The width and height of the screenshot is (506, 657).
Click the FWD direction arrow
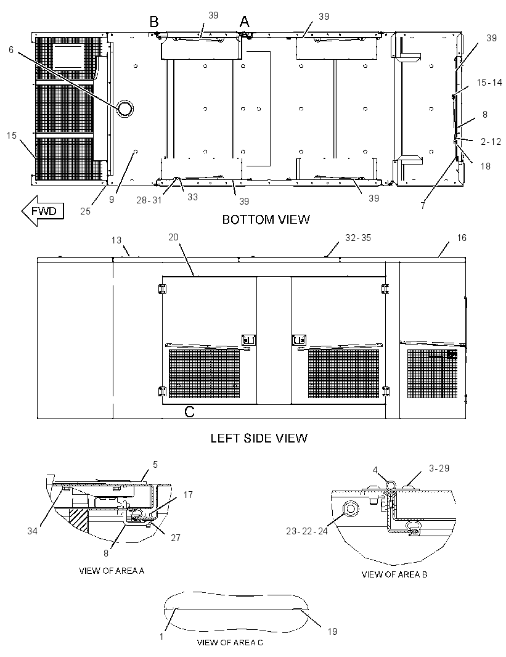[43, 210]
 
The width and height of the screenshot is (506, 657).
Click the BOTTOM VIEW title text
[266, 219]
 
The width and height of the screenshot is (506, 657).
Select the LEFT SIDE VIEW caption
[259, 438]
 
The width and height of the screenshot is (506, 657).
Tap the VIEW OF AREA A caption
[112, 571]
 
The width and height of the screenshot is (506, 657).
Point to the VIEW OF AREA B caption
[394, 574]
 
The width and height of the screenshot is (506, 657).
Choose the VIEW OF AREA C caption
[230, 642]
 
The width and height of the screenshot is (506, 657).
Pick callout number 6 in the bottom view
[11, 50]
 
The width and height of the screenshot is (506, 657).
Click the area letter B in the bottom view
[155, 22]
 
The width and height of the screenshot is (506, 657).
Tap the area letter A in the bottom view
[244, 22]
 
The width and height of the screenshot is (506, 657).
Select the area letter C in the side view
[189, 412]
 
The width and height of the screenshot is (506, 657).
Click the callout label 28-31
[149, 200]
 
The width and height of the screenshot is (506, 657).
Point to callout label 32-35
[358, 237]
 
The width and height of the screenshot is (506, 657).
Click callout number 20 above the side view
[173, 237]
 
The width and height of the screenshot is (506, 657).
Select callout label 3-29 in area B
[439, 468]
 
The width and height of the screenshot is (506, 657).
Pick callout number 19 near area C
[332, 631]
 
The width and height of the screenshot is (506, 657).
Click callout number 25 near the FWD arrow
[86, 211]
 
